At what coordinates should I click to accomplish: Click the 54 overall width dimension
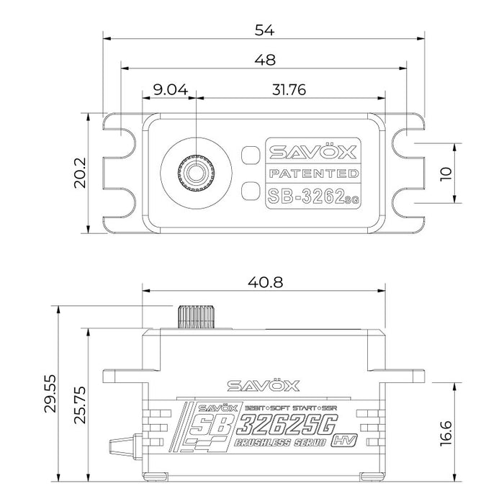pyautogui.click(x=263, y=30)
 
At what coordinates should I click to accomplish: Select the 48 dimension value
pyautogui.click(x=263, y=62)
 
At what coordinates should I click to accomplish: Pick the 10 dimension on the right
pyautogui.click(x=446, y=173)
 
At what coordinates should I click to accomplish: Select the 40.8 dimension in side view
pyautogui.click(x=263, y=283)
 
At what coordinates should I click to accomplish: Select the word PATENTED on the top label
pyautogui.click(x=312, y=174)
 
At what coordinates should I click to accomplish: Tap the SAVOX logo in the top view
pyautogui.click(x=312, y=153)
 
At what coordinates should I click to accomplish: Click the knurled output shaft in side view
pyautogui.click(x=195, y=315)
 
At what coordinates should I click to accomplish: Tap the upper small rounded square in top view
pyautogui.click(x=249, y=154)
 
